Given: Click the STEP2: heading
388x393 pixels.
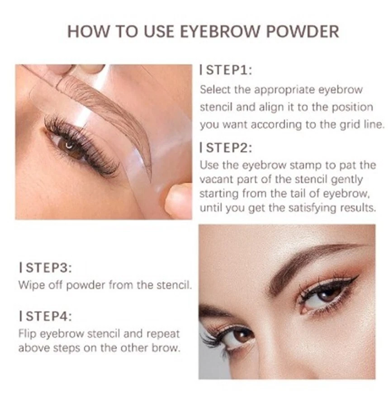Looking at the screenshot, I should [227, 147].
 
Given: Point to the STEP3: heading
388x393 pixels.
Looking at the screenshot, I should [47, 267].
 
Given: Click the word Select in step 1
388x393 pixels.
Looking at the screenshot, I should [215, 89].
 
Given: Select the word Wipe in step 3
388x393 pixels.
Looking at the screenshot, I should [30, 285].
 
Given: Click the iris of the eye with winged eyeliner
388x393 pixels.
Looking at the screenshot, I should [327, 294].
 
